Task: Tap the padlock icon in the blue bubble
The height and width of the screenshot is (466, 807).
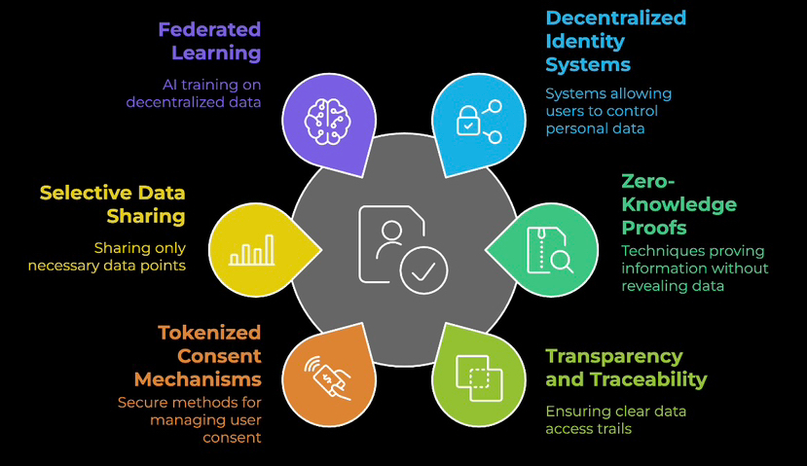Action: (468, 122)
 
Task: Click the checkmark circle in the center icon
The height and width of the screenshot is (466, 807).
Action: (422, 271)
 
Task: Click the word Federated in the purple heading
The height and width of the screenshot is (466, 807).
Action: (210, 27)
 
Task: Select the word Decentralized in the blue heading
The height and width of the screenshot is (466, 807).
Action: (615, 18)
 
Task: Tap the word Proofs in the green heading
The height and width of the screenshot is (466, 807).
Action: (654, 228)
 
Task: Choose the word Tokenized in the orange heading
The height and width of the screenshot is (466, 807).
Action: (209, 333)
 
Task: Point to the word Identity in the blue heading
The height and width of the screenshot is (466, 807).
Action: (584, 43)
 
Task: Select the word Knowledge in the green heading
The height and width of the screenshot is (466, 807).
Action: (679, 204)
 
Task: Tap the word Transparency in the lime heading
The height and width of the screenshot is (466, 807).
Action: (614, 356)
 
